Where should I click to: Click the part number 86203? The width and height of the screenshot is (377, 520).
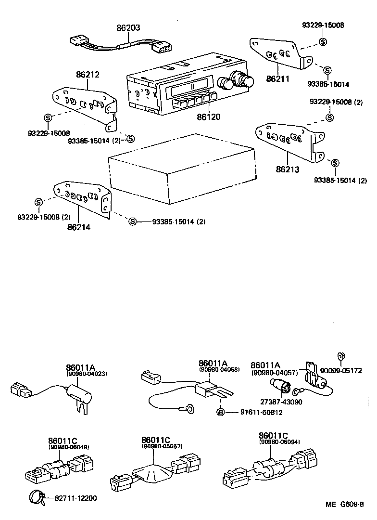click(128, 28)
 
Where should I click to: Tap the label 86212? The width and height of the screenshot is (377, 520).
click(88, 75)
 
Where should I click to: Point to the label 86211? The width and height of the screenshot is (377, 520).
click(278, 78)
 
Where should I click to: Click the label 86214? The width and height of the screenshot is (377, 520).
click(79, 226)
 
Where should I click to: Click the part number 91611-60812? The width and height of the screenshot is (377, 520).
click(254, 412)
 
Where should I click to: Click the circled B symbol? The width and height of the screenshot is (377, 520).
click(220, 412)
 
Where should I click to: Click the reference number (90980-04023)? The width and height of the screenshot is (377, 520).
click(87, 373)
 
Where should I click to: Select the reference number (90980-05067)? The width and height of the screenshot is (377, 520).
click(162, 446)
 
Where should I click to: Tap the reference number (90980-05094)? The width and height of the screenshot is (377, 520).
click(279, 442)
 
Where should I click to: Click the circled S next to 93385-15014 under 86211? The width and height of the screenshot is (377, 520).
click(327, 71)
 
